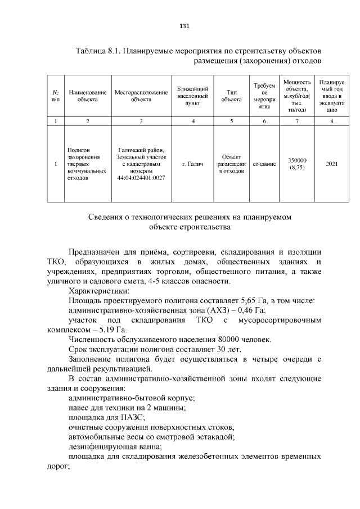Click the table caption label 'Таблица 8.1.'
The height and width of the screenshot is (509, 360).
(x=97, y=51)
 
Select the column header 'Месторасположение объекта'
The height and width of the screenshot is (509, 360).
(x=141, y=96)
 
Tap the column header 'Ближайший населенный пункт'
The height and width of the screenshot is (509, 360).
(x=193, y=96)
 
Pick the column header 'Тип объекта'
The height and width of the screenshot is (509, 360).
(x=231, y=96)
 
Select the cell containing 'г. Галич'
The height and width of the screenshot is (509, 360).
(x=193, y=164)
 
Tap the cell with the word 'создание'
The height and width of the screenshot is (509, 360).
(x=264, y=164)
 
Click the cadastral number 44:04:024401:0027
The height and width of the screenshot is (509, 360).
(x=141, y=178)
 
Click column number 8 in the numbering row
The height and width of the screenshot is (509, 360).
(x=332, y=121)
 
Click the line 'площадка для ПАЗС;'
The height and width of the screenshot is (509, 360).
(x=106, y=417)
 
